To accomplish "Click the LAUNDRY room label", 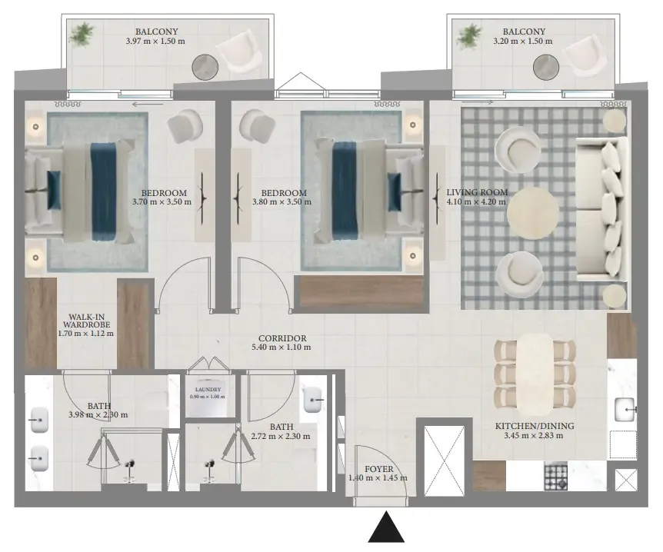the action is click(x=208, y=389).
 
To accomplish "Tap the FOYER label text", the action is click(x=379, y=469).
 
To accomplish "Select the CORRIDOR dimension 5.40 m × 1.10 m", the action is click(x=282, y=347).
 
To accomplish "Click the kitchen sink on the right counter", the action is click(x=625, y=410).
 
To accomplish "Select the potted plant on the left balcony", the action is click(x=82, y=34).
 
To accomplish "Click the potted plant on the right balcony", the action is click(x=469, y=35).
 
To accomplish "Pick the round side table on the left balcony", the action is click(x=205, y=67).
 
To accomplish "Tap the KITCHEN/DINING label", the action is click(x=535, y=426).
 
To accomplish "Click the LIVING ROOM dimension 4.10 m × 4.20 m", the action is click(x=476, y=201).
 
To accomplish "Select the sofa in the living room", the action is click(x=601, y=209).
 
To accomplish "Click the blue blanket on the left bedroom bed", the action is click(x=104, y=191).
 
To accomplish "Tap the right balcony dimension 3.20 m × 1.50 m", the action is click(x=522, y=42).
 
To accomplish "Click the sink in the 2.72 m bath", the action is click(x=313, y=398).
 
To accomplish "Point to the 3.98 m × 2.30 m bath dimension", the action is click(x=98, y=415).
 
